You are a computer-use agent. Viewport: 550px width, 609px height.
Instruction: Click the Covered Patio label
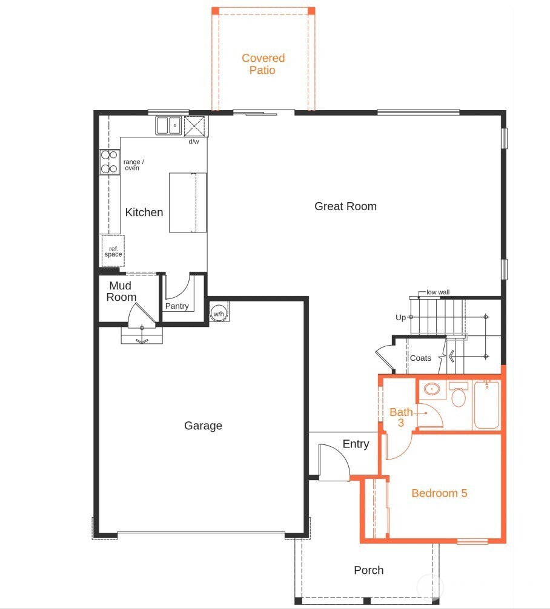(263, 64)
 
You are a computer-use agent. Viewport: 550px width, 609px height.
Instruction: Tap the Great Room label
(345, 206)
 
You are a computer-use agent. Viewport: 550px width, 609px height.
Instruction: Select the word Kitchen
(144, 212)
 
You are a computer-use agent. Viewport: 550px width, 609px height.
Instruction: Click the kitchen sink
(169, 125)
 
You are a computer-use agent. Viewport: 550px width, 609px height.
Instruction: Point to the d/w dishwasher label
(193, 142)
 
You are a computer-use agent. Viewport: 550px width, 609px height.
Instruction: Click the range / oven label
(133, 165)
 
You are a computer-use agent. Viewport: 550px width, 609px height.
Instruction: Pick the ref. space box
(112, 251)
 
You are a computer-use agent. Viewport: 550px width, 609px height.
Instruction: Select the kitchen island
(187, 203)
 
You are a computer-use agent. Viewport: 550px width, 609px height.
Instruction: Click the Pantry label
(177, 306)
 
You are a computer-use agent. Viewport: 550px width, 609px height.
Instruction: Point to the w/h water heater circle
(217, 314)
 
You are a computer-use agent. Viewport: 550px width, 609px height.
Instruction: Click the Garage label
(203, 426)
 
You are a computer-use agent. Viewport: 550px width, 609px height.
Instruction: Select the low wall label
(438, 292)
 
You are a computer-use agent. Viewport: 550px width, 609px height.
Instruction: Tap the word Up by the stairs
(400, 317)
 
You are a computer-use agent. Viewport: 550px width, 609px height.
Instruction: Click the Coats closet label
(420, 358)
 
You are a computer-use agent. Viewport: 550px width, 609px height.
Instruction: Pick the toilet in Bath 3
(459, 396)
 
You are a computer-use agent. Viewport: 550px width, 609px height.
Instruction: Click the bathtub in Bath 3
(486, 404)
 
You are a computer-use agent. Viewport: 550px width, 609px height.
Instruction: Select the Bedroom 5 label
(439, 493)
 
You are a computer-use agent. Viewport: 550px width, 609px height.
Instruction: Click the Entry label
(356, 444)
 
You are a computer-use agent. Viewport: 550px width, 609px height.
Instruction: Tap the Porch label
(368, 570)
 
